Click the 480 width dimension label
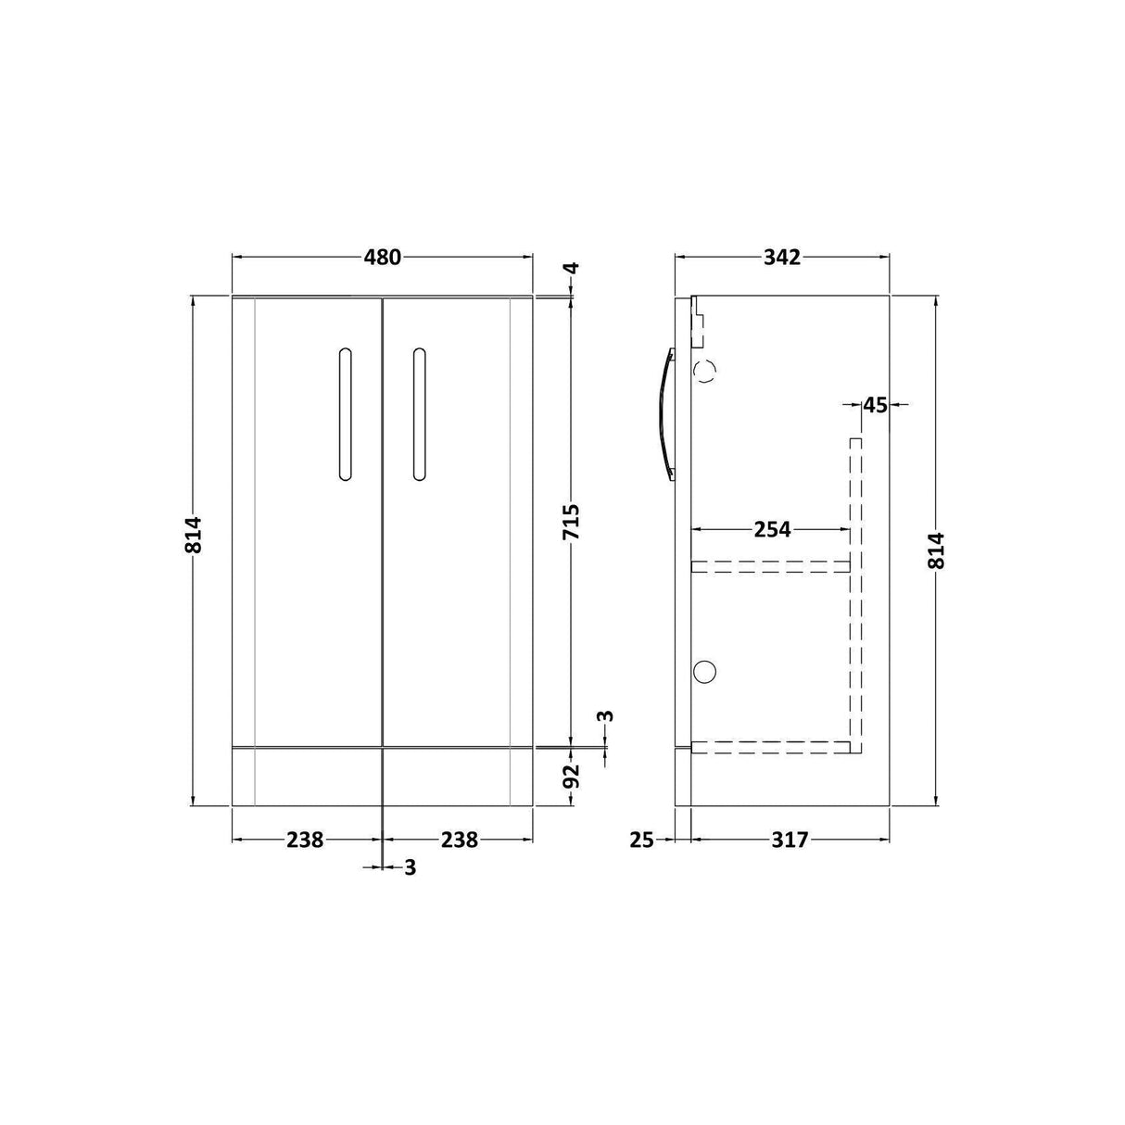click(383, 257)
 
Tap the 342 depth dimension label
click(782, 257)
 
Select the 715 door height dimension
click(572, 523)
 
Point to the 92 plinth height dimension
click(572, 776)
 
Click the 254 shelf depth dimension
click(772, 529)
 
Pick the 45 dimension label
click(875, 405)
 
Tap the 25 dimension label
click(642, 841)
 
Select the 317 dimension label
click(790, 841)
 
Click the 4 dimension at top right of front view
click(572, 268)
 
